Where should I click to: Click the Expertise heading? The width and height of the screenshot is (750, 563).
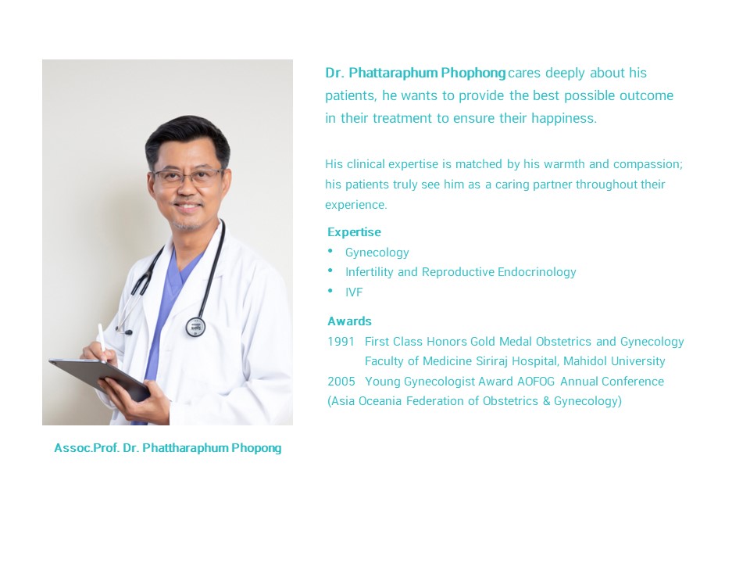coord(354,232)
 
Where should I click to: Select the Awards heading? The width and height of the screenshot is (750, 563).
coord(350,321)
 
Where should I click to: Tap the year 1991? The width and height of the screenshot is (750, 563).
coord(341,342)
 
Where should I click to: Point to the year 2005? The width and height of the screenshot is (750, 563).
coord(341,381)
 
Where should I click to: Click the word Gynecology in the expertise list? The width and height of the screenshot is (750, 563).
coord(377,253)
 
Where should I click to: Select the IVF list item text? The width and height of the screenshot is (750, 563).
coord(354,292)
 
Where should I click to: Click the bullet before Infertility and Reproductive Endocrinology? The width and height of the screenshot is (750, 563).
coord(330,271)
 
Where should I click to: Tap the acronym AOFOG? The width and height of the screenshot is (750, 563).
coord(536,381)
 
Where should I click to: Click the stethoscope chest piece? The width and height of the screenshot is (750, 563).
coord(195,327)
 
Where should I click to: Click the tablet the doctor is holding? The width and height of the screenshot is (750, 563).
coord(99,378)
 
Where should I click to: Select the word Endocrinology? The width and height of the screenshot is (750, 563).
coord(537,272)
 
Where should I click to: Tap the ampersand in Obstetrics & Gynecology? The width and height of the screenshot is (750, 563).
coord(546,400)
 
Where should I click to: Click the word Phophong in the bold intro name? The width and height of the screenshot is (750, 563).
coord(473,74)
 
